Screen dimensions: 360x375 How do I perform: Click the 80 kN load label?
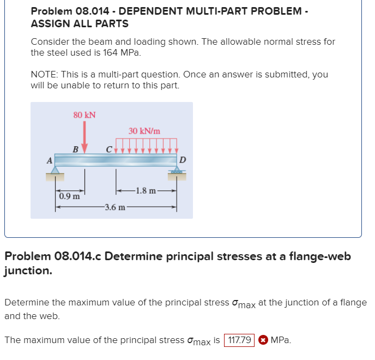coord(84,115)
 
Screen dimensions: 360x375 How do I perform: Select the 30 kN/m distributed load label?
coord(144,131)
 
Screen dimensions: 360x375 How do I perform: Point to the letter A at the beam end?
coord(49,160)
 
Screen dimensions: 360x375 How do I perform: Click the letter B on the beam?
coord(76,149)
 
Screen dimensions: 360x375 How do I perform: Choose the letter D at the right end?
coord(183,160)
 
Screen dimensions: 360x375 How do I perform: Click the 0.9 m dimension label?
coord(69,195)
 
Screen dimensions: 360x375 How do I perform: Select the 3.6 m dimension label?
coord(115,207)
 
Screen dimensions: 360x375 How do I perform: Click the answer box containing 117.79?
coord(239,340)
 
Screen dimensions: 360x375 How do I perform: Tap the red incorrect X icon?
coord(262,340)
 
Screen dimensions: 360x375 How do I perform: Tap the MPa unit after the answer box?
coord(280,340)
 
